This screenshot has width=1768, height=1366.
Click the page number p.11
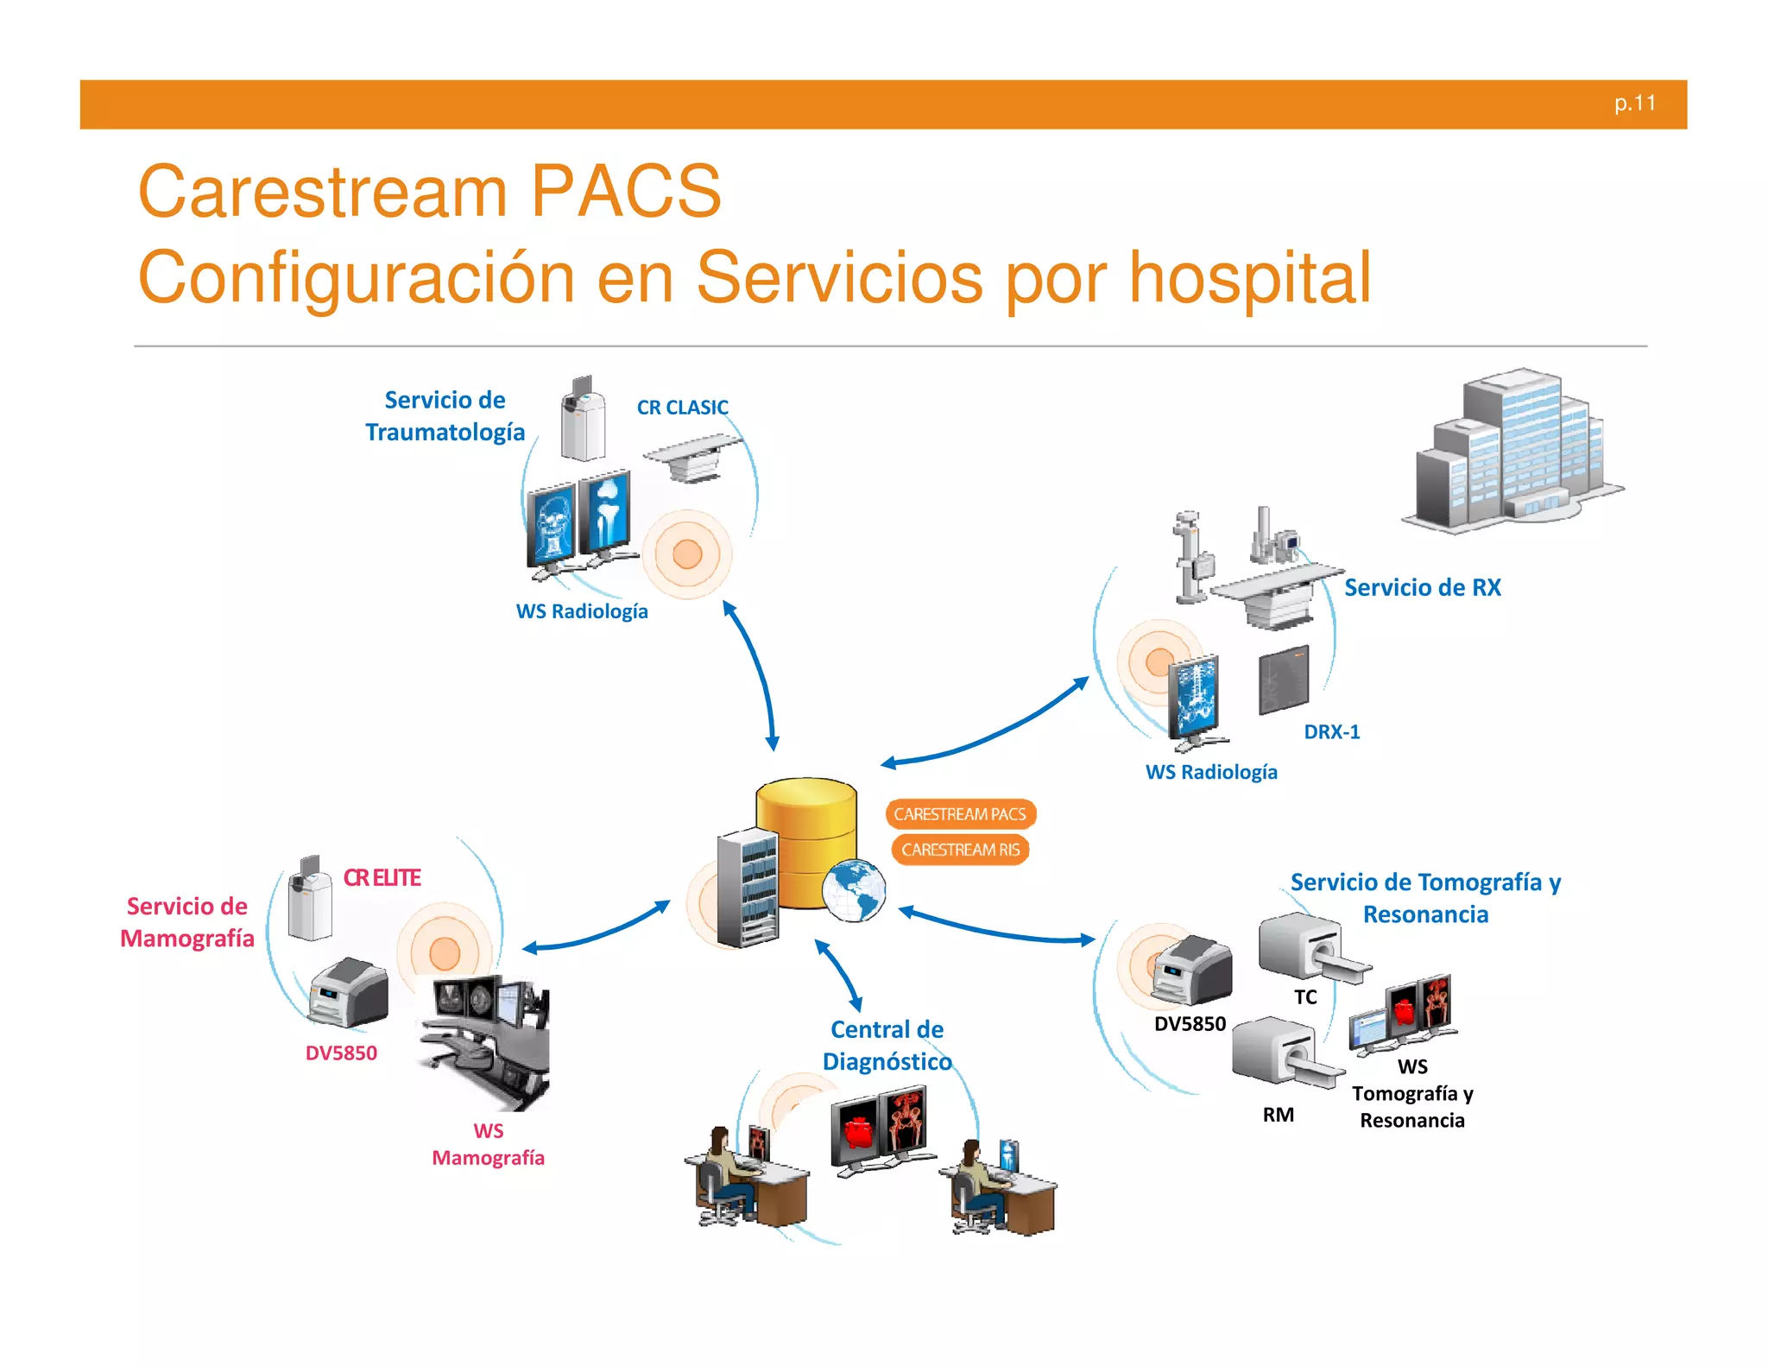1634,104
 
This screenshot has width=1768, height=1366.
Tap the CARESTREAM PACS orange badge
959,813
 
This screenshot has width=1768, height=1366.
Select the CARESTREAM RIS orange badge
960,850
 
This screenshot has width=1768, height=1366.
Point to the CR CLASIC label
682,408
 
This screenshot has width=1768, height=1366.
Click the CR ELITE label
382,878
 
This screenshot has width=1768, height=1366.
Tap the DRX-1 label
1331,732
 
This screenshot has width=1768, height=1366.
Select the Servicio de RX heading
1422,588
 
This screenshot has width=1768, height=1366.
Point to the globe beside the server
853,890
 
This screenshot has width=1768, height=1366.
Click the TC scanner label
1305,997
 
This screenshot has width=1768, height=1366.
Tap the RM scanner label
1278,1115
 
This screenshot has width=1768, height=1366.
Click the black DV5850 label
1190,1024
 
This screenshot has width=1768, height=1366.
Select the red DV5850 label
341,1053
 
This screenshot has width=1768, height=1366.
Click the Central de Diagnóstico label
887,1046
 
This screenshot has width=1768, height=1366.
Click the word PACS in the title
626,192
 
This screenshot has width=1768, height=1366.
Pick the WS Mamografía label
488,1144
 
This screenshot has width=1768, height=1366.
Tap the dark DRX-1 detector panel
1284,680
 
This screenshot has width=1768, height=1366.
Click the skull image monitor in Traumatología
552,528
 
